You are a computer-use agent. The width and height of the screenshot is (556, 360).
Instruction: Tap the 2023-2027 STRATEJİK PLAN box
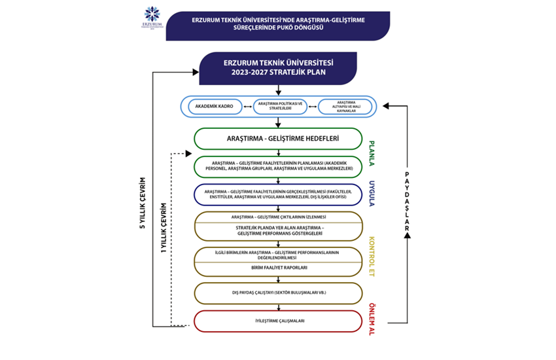[278, 68]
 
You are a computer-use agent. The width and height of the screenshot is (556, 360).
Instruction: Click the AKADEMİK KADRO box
[215, 106]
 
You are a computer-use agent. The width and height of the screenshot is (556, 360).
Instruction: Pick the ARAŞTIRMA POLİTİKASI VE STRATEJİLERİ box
[279, 106]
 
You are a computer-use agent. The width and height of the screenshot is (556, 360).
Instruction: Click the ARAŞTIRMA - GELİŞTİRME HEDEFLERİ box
[278, 139]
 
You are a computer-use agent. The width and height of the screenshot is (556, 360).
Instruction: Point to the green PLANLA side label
[371, 154]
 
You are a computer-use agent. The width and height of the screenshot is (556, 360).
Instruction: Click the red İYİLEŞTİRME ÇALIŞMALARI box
[278, 321]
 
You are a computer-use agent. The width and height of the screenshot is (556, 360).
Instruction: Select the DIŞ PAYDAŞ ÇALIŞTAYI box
[278, 293]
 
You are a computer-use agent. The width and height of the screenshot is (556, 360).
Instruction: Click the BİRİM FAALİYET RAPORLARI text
[278, 268]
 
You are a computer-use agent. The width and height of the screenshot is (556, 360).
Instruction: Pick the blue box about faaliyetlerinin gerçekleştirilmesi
[278, 194]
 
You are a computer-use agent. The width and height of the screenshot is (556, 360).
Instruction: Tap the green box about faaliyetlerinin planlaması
[278, 166]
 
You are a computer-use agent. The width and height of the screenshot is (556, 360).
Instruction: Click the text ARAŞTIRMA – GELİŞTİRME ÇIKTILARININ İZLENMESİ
[278, 217]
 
